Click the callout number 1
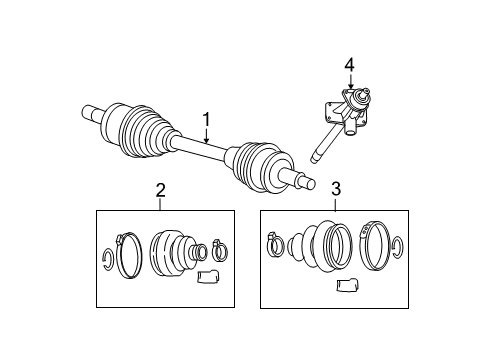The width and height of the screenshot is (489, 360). [x=207, y=122]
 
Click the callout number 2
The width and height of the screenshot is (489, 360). [x=160, y=189]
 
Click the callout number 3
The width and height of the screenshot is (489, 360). [x=336, y=187]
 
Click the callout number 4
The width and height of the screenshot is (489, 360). [x=349, y=66]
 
